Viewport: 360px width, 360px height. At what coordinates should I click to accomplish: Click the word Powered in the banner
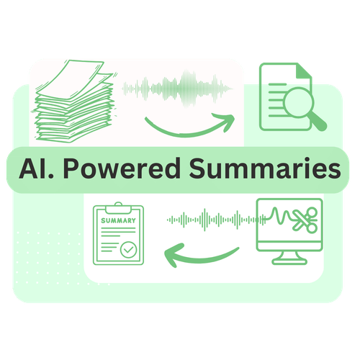[122, 168]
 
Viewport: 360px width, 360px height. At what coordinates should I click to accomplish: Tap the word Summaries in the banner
[265, 168]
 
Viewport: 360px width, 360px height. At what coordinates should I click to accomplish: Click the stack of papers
[74, 101]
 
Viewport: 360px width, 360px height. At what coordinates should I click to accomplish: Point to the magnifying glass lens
[299, 102]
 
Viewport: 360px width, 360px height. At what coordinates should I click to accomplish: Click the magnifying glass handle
[318, 122]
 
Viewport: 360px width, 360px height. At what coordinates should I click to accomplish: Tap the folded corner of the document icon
[305, 71]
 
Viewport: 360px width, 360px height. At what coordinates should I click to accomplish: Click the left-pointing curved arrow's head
[174, 255]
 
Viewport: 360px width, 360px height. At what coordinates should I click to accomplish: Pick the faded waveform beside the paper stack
[178, 89]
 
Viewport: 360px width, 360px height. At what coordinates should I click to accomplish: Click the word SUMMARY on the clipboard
[118, 220]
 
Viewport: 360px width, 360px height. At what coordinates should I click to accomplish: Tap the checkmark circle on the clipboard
[129, 250]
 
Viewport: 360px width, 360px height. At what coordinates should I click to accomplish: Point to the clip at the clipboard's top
[118, 208]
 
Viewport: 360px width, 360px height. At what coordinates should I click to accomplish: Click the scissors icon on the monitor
[305, 220]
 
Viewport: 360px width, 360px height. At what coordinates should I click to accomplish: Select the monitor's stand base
[289, 261]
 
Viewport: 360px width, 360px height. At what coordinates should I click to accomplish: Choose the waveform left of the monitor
[217, 220]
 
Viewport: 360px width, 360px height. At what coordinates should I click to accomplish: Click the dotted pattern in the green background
[49, 258]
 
